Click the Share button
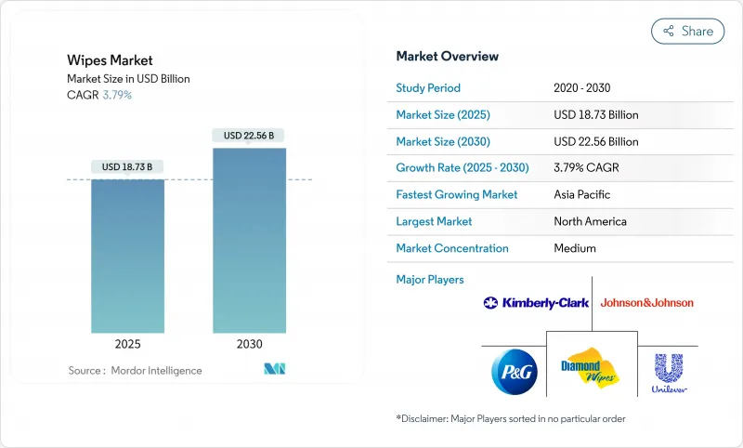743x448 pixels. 687,31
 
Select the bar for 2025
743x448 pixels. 127,256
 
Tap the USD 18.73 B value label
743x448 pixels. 127,167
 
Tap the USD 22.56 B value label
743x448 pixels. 249,136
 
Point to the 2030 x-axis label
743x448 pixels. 249,344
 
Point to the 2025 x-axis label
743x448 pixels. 127,344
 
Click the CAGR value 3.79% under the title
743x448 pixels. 116,95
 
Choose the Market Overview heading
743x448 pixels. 447,57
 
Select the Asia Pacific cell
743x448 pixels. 582,195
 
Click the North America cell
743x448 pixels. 590,222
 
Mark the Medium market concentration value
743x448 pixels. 575,249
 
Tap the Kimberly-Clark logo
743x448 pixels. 536,303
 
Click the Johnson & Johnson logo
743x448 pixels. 646,303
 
